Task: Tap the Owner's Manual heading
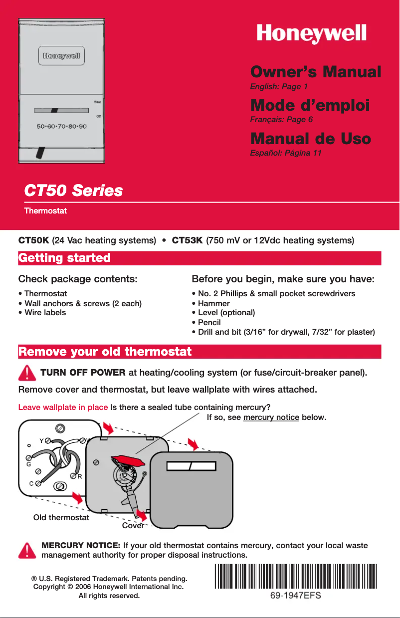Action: point(315,71)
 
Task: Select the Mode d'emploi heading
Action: point(310,105)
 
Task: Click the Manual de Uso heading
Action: point(310,138)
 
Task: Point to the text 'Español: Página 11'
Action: point(285,153)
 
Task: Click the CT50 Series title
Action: point(73,191)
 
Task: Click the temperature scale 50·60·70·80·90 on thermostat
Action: point(61,126)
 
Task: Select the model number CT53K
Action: point(187,240)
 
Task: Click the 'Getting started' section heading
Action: point(64,258)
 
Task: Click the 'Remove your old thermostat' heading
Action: point(105,352)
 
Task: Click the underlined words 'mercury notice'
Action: point(271,416)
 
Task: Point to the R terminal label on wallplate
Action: point(79,476)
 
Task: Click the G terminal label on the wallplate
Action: point(29,464)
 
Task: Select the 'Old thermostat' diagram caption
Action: point(61,517)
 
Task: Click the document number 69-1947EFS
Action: point(295,596)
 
